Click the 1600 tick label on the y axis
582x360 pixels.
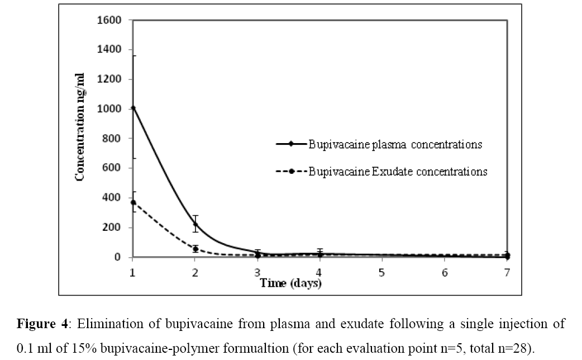pyautogui.click(x=110, y=20)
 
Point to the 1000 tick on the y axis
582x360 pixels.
pyautogui.click(x=110, y=108)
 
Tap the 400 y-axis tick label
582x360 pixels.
pyautogui.click(x=112, y=198)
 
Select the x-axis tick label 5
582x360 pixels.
pyautogui.click(x=382, y=272)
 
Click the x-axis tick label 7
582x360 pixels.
pyautogui.click(x=507, y=272)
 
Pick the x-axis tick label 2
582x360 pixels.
pyautogui.click(x=195, y=272)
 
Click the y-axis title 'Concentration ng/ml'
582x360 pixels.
pyautogui.click(x=80, y=138)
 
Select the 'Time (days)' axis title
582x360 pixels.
pyautogui.click(x=290, y=283)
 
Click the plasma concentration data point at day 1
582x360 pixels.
pyautogui.click(x=133, y=108)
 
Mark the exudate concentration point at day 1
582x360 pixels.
pyautogui.click(x=133, y=202)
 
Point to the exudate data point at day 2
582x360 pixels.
pyautogui.click(x=195, y=249)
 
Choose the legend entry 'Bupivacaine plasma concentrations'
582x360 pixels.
pyautogui.click(x=395, y=144)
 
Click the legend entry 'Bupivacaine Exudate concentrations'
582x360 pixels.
pyautogui.click(x=398, y=172)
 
